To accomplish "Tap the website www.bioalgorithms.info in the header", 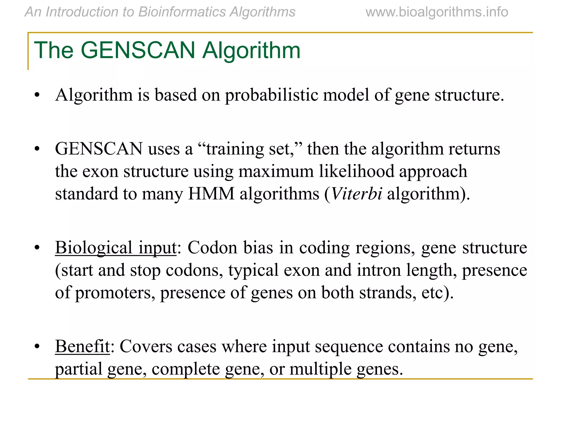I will [x=437, y=12].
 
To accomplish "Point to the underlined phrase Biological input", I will [x=116, y=248].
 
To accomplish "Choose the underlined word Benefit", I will [x=82, y=346].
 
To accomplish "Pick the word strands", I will [x=385, y=292].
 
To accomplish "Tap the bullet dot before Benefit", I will [x=37, y=346].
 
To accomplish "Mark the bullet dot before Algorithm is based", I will [x=37, y=95].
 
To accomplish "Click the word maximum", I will [x=276, y=171].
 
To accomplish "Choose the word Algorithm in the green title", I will [x=251, y=50].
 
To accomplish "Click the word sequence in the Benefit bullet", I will [x=346, y=346].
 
